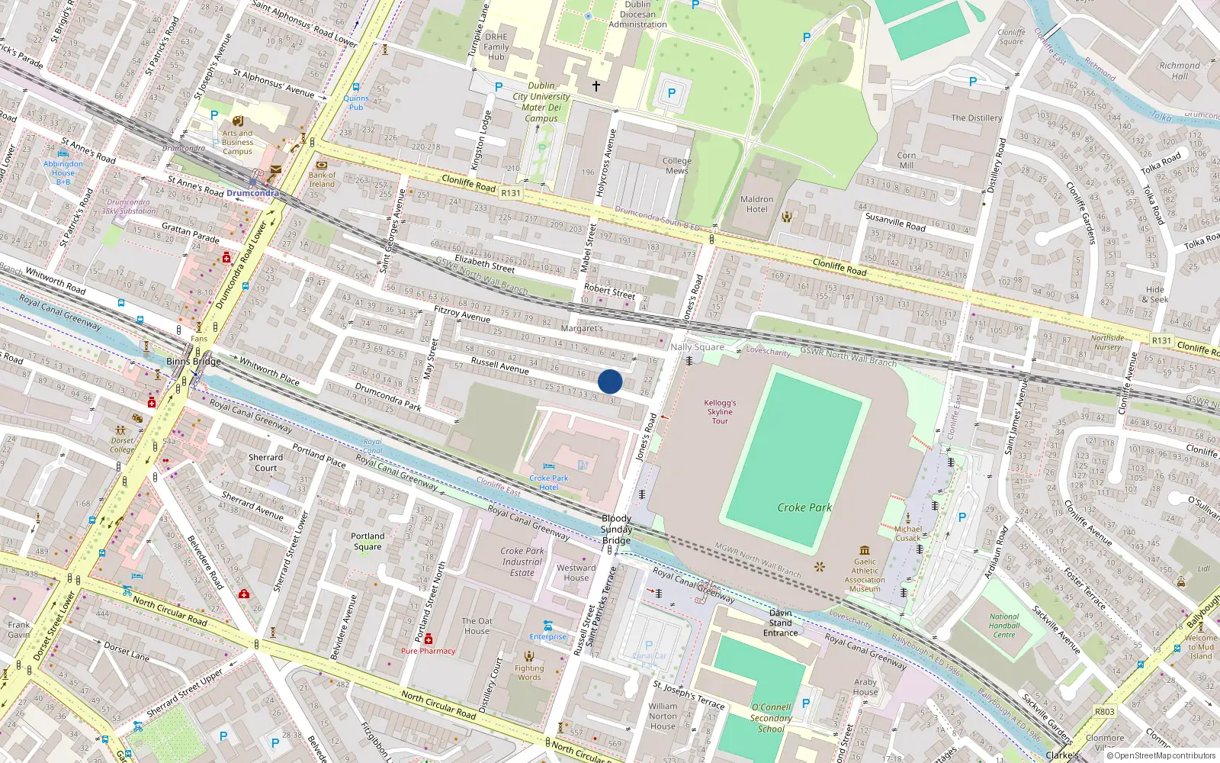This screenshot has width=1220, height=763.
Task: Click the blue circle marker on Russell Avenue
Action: tap(610, 381)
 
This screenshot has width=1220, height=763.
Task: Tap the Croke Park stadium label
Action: tap(804, 507)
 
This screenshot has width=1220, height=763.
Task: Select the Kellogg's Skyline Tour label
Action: tap(720, 412)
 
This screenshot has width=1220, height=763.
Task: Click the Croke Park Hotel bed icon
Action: tap(548, 466)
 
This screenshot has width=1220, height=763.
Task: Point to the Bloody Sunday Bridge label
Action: tap(616, 530)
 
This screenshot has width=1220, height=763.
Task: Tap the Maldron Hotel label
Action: tap(756, 204)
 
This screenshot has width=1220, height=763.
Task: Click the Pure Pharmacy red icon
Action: tap(429, 639)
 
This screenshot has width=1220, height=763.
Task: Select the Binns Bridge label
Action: tap(194, 362)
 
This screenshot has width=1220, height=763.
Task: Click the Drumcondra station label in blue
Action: tap(252, 193)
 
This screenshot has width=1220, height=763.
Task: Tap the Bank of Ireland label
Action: tap(322, 179)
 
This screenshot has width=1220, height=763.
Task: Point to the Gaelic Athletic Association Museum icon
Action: tap(864, 550)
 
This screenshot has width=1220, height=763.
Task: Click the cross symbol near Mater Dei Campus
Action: tap(596, 86)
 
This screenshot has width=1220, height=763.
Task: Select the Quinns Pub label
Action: tap(355, 102)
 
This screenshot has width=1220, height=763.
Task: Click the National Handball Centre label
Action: tap(1004, 626)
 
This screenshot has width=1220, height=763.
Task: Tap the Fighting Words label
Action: tap(529, 672)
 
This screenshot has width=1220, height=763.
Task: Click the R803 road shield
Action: tap(1104, 711)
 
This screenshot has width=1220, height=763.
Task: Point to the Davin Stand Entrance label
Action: tap(780, 623)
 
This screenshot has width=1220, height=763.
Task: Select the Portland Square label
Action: tap(368, 541)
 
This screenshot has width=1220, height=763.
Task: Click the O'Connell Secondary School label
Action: tap(770, 718)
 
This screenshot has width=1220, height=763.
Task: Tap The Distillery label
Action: tap(976, 118)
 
